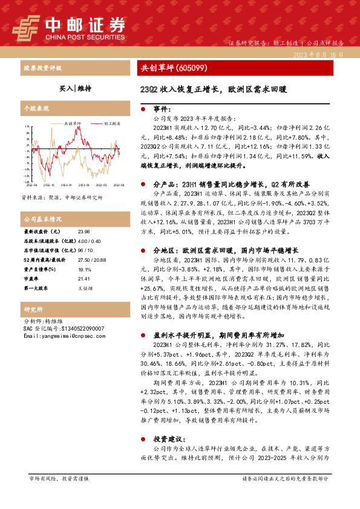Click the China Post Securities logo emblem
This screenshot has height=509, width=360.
(27, 26)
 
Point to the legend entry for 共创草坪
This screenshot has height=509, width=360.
(73, 123)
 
